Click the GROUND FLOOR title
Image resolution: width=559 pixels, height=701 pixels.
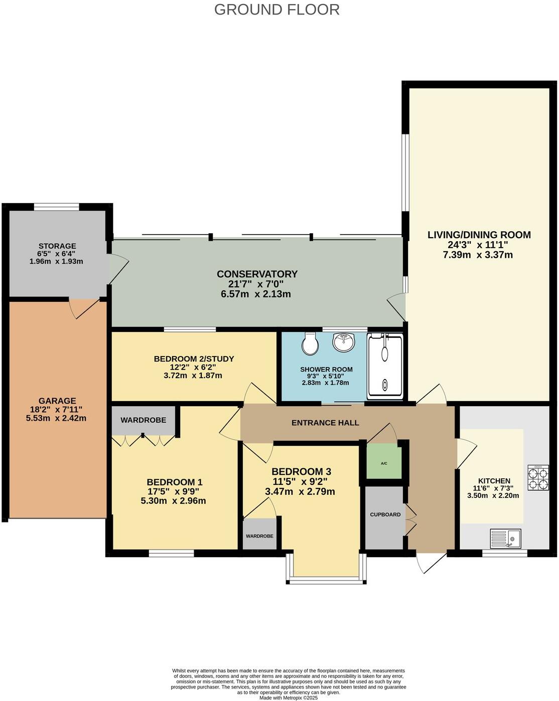tap(276, 10)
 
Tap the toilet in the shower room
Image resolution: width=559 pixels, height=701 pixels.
tap(309, 343)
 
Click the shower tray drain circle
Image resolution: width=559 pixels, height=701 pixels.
tap(385, 385)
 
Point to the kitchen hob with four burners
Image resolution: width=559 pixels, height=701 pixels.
tap(537, 478)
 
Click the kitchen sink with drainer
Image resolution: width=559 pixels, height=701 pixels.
tap(505, 539)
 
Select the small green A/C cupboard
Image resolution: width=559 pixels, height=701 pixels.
tap(384, 463)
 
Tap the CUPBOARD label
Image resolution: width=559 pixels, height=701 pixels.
tap(385, 514)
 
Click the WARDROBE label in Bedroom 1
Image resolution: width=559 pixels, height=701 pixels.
tap(143, 420)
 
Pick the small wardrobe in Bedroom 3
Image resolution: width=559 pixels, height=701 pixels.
tap(259, 536)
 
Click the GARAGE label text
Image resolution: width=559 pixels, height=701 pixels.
tap(57, 401)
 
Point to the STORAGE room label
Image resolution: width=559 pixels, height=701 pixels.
tap(57, 246)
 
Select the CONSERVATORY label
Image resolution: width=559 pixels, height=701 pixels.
tap(257, 274)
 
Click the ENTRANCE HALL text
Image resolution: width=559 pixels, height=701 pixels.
tap(325, 423)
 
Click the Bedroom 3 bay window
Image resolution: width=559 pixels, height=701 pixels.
tap(326, 581)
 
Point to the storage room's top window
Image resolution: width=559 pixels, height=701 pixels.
tap(56, 206)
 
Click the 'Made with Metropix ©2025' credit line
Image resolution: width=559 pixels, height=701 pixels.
tap(289, 697)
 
